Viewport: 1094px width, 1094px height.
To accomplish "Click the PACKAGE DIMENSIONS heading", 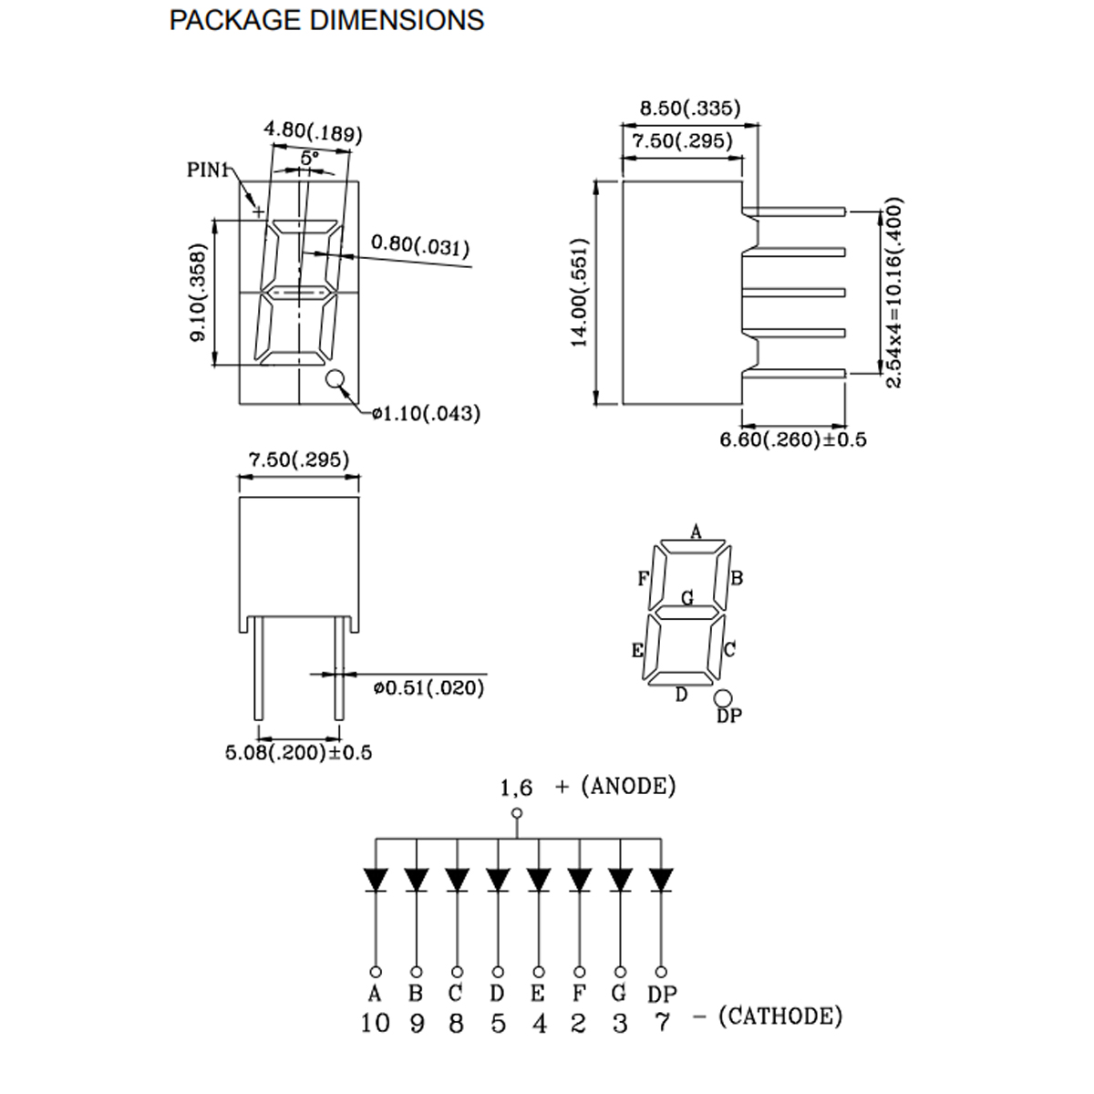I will pos(326,20).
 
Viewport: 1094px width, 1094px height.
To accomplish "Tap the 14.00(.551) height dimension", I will pos(581,293).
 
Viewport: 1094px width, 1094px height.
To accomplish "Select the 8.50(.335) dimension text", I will pos(689,108).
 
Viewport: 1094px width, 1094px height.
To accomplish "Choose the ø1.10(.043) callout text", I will pos(426,414).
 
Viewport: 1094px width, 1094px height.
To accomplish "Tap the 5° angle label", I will pos(310,158).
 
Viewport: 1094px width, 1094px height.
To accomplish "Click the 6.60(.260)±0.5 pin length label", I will pos(793,440).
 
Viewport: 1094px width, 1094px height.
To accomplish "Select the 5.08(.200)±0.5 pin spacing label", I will pos(298,753).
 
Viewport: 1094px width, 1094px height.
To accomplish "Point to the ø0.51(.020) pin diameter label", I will pos(428,688).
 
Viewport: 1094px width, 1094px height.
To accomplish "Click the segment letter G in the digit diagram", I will pos(688,598).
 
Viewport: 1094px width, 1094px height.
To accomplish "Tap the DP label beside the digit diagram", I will pos(729,717).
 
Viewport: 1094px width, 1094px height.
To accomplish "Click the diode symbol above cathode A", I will pos(375,880).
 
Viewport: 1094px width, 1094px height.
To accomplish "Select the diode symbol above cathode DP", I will pos(661,880).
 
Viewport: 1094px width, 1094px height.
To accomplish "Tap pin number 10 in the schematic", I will pos(375,1023).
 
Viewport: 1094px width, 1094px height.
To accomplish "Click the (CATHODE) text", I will pos(780,1016).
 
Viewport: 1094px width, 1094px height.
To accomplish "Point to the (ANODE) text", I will pos(628,785).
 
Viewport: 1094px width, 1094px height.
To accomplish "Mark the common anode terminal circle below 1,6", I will pos(518,814).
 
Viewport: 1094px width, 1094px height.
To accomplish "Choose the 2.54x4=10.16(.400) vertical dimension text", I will pos(893,293).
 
